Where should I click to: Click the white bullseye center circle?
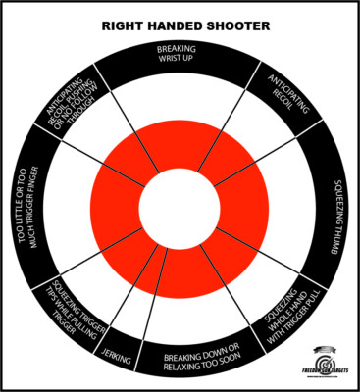(179, 208)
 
